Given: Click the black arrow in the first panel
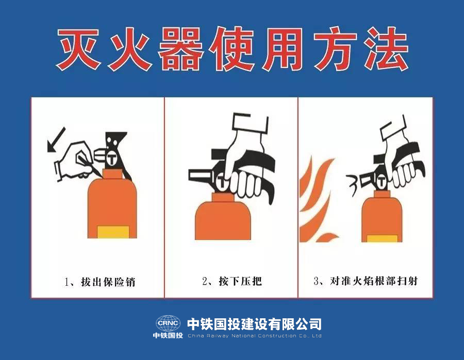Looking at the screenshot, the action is [56, 140].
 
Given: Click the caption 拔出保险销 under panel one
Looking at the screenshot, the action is [108, 282].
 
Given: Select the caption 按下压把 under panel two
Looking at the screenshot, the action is [240, 281].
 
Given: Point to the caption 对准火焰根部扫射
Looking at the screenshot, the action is [374, 281].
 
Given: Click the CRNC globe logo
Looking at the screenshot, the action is [168, 323].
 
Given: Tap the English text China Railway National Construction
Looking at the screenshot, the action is [255, 336].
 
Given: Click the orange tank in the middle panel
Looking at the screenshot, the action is [223, 216].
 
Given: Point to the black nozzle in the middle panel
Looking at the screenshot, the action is [201, 175].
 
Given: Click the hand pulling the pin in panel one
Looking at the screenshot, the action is [75, 160].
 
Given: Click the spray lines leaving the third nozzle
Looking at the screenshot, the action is [352, 185].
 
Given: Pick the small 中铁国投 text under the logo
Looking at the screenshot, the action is [168, 335].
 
